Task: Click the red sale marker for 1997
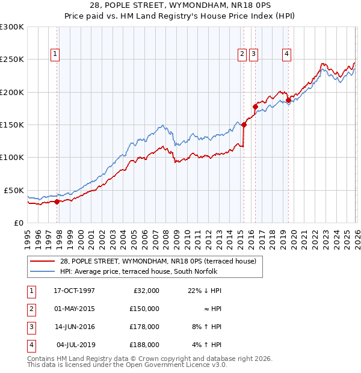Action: click(57, 202)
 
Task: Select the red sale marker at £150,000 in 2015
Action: click(244, 125)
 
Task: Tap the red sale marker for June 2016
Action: click(255, 107)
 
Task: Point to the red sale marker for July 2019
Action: click(288, 100)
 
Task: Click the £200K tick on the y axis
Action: click(12, 92)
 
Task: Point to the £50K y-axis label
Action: click(14, 190)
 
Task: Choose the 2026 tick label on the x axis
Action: click(356, 238)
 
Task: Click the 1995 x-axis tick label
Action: click(28, 238)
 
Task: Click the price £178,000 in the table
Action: click(144, 327)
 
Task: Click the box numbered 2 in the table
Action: click(29, 309)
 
